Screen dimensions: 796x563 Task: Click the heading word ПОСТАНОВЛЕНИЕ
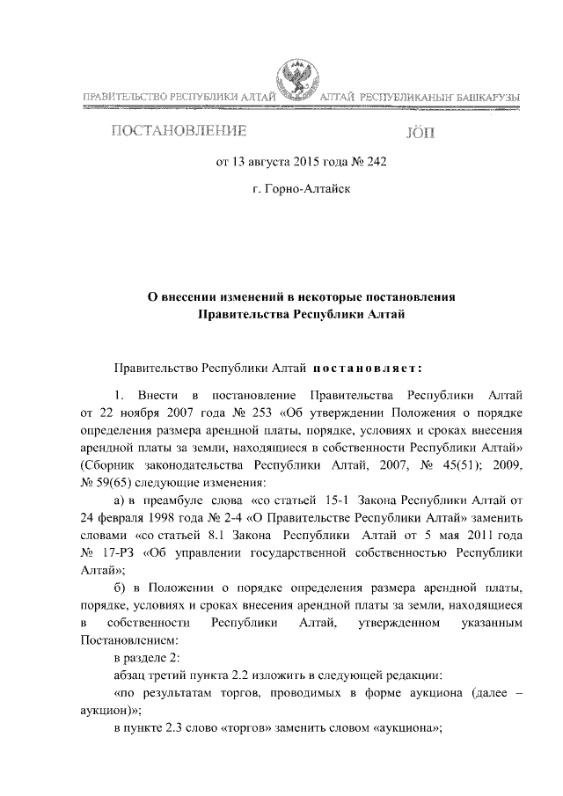click(178, 133)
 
